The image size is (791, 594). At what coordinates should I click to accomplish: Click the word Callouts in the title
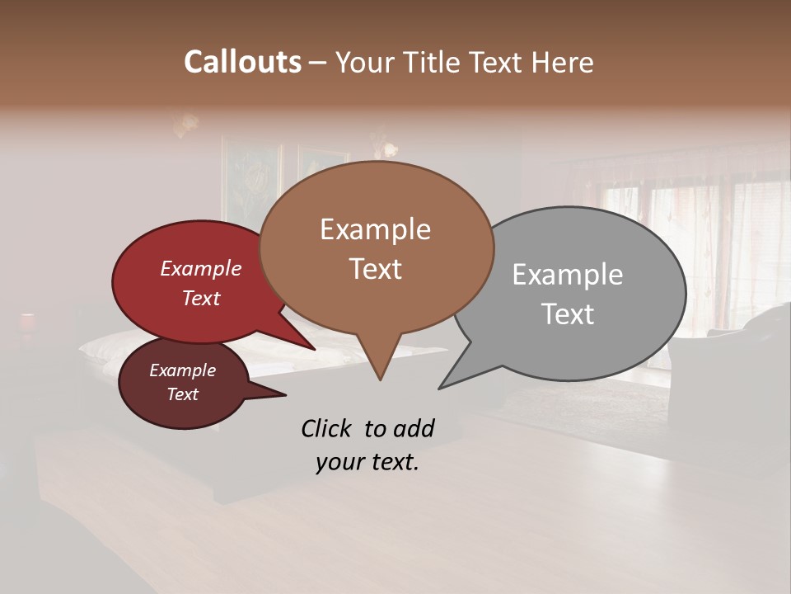(x=242, y=62)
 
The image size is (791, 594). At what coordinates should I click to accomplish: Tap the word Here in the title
(x=564, y=62)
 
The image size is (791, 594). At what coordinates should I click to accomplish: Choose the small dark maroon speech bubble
(x=181, y=384)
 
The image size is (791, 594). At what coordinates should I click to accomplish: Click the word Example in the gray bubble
(x=567, y=275)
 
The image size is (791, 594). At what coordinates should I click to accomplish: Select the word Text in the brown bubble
(x=376, y=268)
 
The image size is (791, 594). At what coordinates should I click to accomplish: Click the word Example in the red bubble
(x=200, y=268)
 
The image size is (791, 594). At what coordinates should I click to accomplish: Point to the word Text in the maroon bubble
(x=183, y=394)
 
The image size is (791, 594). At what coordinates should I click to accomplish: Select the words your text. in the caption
(x=367, y=462)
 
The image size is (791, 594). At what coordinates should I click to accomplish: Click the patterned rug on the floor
(x=577, y=404)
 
